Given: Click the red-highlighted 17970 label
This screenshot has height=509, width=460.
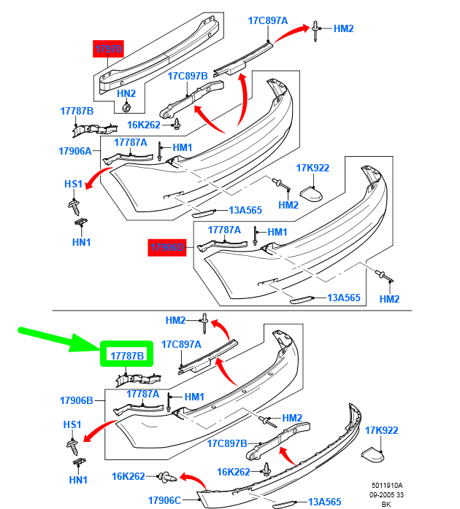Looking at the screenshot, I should click(108, 50).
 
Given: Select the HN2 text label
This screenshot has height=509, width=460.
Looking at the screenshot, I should click(126, 93).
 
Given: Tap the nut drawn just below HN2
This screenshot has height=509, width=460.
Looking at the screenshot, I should click(126, 108).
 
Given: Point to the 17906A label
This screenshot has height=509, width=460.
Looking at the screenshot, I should click(75, 151).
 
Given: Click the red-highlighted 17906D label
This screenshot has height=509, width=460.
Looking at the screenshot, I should click(168, 248).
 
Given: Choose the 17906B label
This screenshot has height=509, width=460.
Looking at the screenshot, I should click(77, 400).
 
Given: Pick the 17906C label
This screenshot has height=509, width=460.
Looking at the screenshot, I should click(164, 500).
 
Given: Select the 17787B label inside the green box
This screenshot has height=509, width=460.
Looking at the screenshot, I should click(128, 355).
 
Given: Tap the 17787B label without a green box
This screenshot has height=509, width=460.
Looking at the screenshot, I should click(77, 111).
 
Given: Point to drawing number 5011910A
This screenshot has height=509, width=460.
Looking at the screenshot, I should click(386, 486).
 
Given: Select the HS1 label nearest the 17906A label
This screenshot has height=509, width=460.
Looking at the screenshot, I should click(73, 184).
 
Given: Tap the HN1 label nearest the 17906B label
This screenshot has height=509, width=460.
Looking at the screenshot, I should click(79, 480).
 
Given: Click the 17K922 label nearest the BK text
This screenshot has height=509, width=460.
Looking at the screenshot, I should click(381, 430).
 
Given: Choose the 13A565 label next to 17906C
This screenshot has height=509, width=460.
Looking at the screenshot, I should click(324, 502).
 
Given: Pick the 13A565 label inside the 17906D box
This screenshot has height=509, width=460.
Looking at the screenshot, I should click(344, 298).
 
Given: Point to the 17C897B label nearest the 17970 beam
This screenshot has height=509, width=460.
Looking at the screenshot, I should click(188, 76).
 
